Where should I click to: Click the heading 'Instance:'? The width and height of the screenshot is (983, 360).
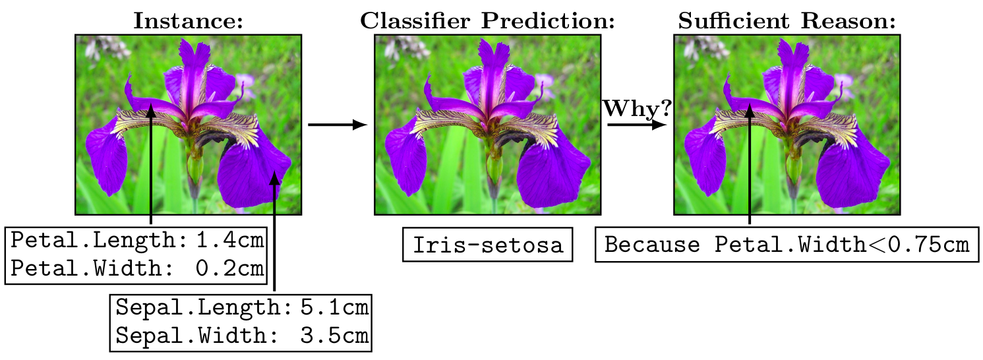(x=189, y=22)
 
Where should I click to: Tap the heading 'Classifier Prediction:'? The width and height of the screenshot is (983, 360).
(x=487, y=22)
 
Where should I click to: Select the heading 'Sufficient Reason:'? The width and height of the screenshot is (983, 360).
(x=787, y=22)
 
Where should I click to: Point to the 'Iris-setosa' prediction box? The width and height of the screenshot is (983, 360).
(x=488, y=246)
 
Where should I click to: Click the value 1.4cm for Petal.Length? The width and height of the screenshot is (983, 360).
(x=231, y=241)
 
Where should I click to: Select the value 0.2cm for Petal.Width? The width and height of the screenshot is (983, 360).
(x=231, y=268)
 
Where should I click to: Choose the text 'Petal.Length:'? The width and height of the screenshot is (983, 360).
(x=100, y=241)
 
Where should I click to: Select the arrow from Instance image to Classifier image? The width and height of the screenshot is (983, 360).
(x=337, y=125)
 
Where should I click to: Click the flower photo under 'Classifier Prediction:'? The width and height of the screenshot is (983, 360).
(x=488, y=125)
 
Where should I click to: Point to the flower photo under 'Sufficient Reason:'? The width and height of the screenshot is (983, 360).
(x=787, y=125)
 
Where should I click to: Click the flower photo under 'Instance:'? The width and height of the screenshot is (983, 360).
(x=189, y=125)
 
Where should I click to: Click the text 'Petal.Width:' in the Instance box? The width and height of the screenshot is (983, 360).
(x=92, y=268)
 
